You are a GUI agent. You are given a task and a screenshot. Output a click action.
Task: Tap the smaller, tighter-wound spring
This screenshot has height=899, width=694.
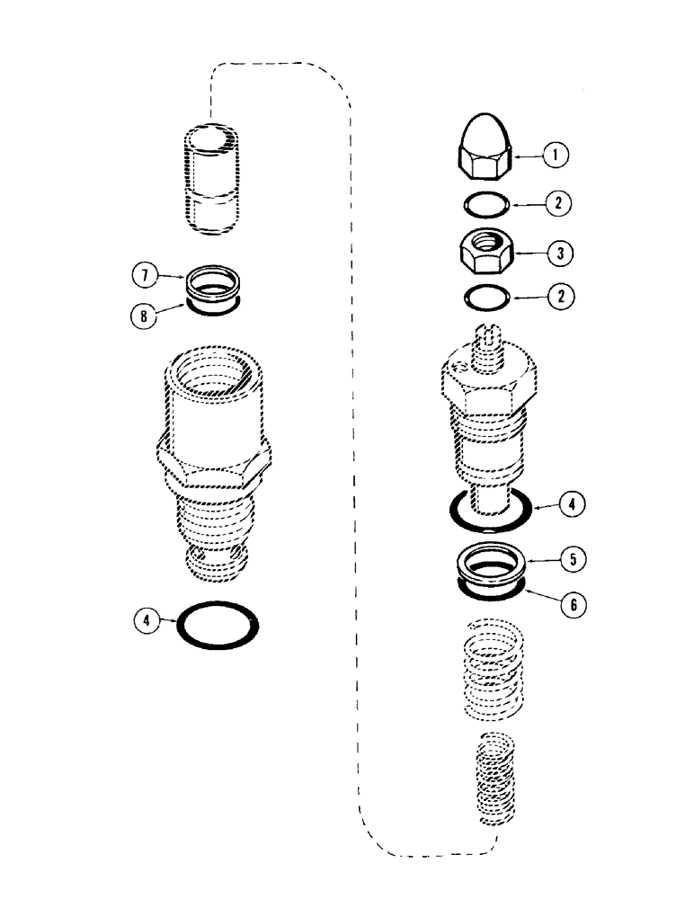(493, 778)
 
